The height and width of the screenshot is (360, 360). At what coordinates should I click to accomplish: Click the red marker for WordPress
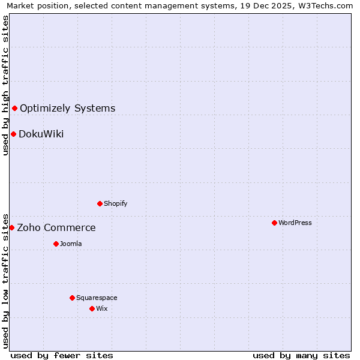pyautogui.click(x=274, y=223)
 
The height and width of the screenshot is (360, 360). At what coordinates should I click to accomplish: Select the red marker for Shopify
pyautogui.click(x=100, y=203)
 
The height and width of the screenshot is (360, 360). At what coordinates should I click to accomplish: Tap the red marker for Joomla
pyautogui.click(x=56, y=244)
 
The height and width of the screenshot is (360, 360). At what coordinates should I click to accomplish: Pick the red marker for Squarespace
pyautogui.click(x=72, y=298)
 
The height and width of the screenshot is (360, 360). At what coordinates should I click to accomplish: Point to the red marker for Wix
pyautogui.click(x=92, y=308)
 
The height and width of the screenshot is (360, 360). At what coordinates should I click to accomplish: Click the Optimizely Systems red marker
pyautogui.click(x=15, y=108)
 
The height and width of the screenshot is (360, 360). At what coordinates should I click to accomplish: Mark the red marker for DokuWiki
pyautogui.click(x=13, y=134)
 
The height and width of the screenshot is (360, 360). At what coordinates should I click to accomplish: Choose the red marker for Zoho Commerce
pyautogui.click(x=11, y=227)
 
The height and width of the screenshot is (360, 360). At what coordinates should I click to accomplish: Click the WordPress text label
pyautogui.click(x=295, y=223)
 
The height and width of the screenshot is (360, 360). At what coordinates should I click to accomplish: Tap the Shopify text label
pyautogui.click(x=116, y=203)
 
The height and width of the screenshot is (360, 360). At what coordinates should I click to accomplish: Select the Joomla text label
pyautogui.click(x=71, y=244)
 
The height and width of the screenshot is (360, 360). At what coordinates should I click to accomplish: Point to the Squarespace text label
pyautogui.click(x=97, y=298)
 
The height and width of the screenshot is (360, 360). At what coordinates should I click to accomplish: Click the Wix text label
pyautogui.click(x=102, y=308)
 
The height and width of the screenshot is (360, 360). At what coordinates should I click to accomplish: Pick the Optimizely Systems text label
pyautogui.click(x=68, y=109)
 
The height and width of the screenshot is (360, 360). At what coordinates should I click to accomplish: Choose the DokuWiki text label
pyautogui.click(x=41, y=134)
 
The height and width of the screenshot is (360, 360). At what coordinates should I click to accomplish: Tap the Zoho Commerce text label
pyautogui.click(x=56, y=228)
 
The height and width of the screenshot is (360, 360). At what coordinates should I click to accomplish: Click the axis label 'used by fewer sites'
pyautogui.click(x=62, y=355)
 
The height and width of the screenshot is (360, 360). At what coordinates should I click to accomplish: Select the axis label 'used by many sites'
pyautogui.click(x=301, y=355)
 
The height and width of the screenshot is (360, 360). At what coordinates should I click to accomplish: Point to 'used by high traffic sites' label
pyautogui.click(x=5, y=85)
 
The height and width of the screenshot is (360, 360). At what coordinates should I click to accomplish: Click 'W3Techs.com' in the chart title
pyautogui.click(x=324, y=5)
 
